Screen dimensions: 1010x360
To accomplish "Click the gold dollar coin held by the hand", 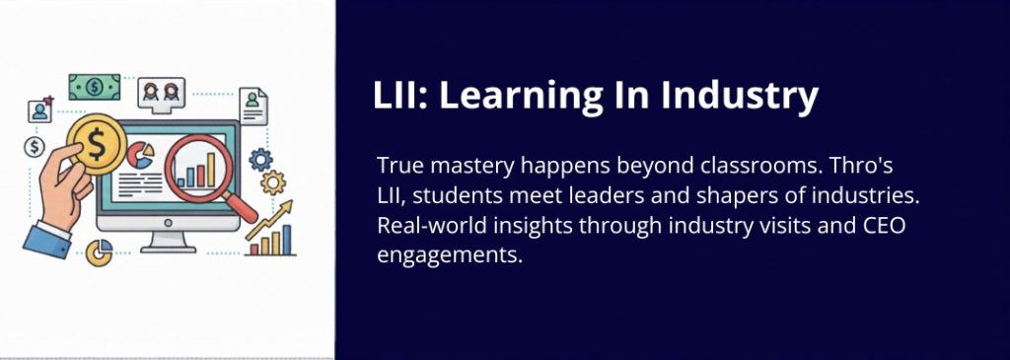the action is (96, 145).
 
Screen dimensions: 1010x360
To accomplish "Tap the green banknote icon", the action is (94, 87).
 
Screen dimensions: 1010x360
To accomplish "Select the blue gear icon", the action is (260, 159).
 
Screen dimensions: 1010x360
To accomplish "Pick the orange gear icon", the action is (273, 182).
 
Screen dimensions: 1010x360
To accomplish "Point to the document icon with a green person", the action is (253, 106).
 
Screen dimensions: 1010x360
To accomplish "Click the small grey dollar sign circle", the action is (34, 147).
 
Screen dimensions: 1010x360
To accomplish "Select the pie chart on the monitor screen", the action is (140, 155).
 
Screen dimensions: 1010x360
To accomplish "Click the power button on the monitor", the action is (168, 223).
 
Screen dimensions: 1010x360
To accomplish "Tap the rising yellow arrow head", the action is (285, 207).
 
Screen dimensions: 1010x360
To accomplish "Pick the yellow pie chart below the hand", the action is (100, 252).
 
